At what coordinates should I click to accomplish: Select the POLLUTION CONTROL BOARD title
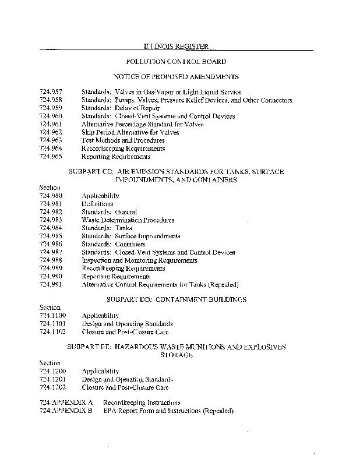[x=176, y=61]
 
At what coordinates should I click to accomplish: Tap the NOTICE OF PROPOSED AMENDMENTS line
[x=176, y=77]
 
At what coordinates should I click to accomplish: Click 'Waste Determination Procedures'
[x=128, y=221]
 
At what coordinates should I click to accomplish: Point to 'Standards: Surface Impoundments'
[x=130, y=236]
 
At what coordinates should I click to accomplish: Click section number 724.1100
[x=52, y=316]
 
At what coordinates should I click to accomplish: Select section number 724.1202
[x=52, y=387]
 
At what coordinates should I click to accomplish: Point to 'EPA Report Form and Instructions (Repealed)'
[x=168, y=411]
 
